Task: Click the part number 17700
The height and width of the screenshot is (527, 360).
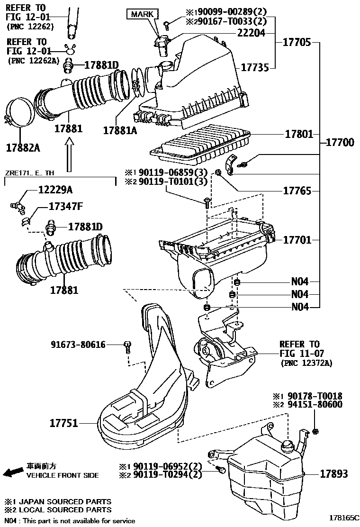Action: pyautogui.click(x=340, y=142)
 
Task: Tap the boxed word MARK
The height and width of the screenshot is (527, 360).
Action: pyautogui.click(x=142, y=14)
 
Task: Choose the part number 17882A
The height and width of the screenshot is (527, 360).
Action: pyautogui.click(x=23, y=147)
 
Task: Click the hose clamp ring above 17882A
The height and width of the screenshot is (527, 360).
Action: pyautogui.click(x=20, y=114)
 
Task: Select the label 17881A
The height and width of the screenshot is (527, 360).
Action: pyautogui.click(x=120, y=129)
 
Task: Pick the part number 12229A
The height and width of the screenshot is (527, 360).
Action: pyautogui.click(x=55, y=190)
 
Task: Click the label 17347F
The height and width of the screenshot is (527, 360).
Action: pyautogui.click(x=66, y=207)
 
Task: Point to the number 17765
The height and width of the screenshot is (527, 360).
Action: pyautogui.click(x=297, y=191)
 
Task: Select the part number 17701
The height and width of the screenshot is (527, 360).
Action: pyautogui.click(x=297, y=240)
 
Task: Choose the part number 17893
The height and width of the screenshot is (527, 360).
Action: pyautogui.click(x=333, y=473)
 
